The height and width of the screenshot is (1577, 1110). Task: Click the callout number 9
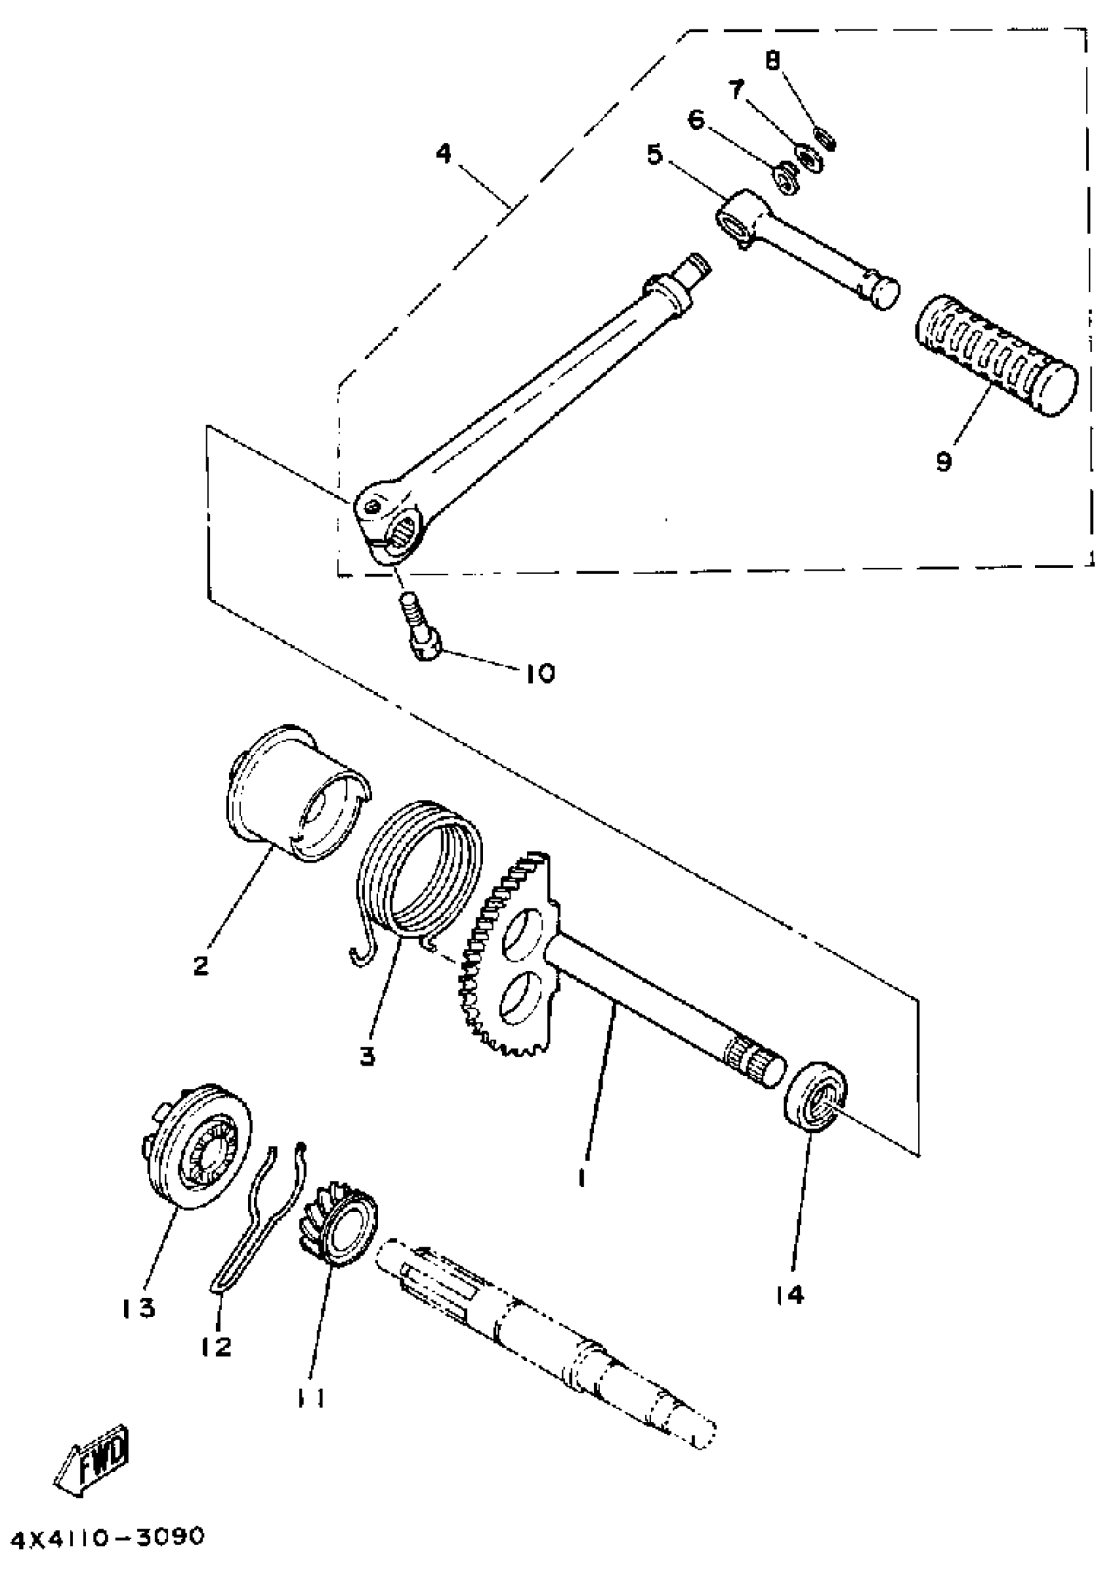(943, 462)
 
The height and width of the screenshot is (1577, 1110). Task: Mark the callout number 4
(444, 154)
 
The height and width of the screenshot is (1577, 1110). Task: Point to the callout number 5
(655, 154)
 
